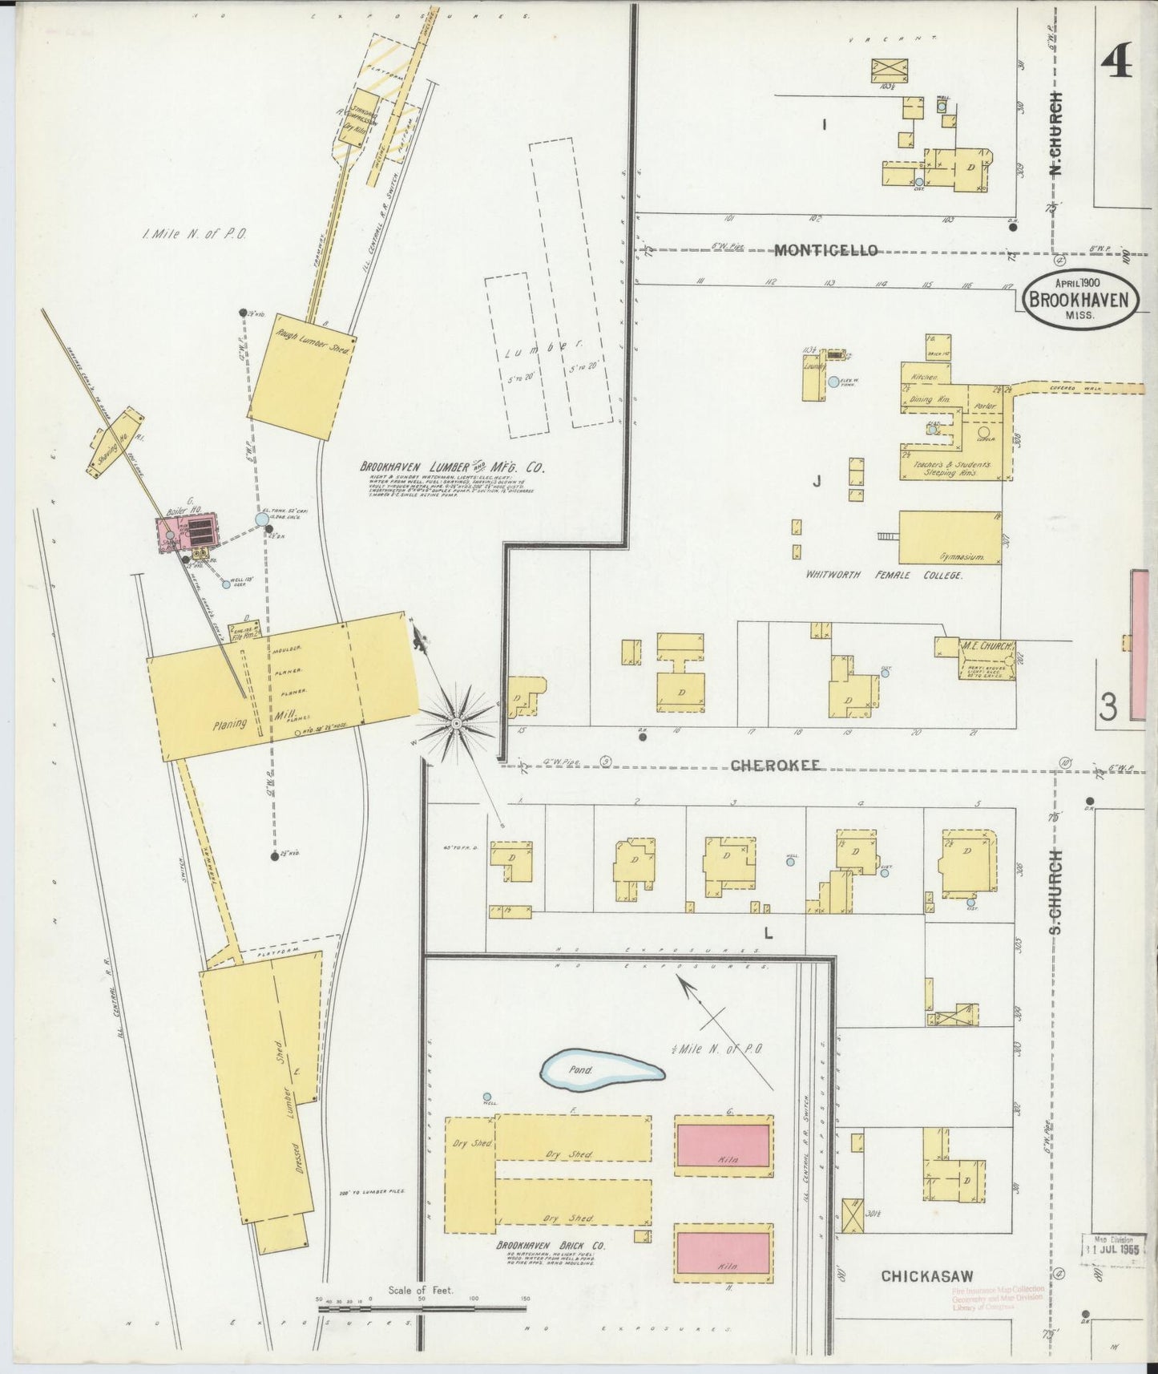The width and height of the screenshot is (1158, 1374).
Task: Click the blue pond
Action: pyautogui.click(x=601, y=1070)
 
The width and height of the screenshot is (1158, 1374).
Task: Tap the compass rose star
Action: pyautogui.click(x=455, y=723)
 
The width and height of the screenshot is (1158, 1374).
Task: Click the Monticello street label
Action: pyautogui.click(x=825, y=250)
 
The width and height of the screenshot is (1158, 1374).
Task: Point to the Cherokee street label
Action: pyautogui.click(x=776, y=766)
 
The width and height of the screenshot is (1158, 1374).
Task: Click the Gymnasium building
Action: pyautogui.click(x=950, y=537)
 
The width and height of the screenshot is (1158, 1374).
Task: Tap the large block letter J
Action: pyautogui.click(x=817, y=481)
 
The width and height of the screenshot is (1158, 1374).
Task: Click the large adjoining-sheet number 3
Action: pyautogui.click(x=1108, y=707)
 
